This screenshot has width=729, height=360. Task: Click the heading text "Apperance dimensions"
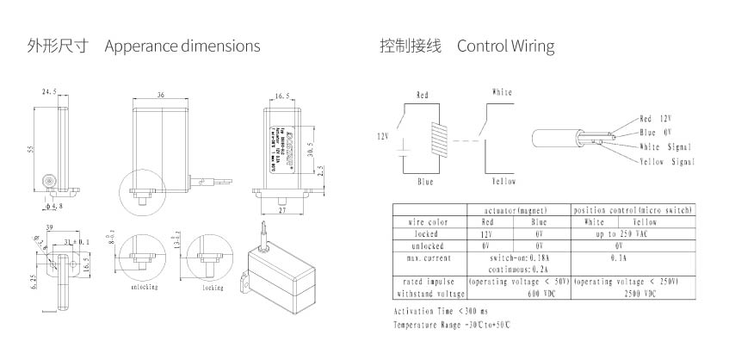182,46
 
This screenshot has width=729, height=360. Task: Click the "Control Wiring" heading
505,46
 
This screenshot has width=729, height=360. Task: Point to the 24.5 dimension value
49,90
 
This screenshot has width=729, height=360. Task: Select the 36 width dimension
161,95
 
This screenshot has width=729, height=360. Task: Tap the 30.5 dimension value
310,148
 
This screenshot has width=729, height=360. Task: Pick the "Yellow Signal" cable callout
667,162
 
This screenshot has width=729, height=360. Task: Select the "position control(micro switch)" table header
633,210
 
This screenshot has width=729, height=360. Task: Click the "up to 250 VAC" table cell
633,233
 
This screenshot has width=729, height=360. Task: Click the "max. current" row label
428,258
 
